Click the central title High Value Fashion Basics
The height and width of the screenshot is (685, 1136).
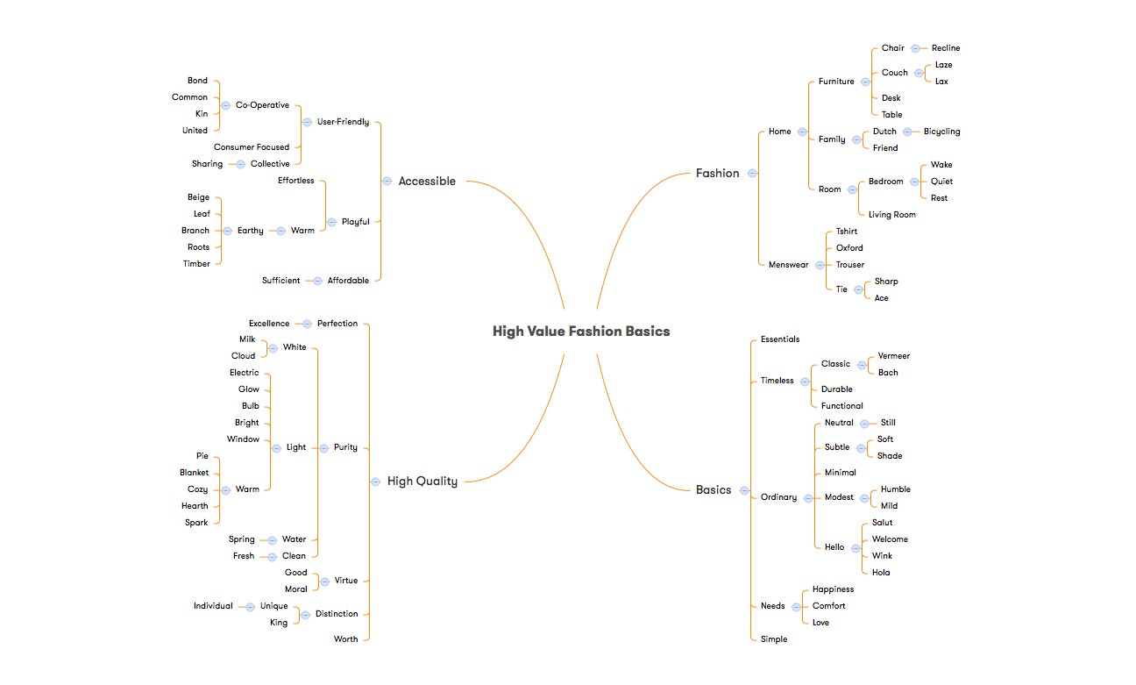(x=581, y=332)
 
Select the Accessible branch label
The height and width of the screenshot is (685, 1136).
(x=427, y=182)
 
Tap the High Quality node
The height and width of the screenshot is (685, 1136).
(x=422, y=481)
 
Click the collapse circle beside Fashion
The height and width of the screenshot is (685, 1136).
(x=753, y=174)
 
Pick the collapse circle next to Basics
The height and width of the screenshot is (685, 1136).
(x=744, y=490)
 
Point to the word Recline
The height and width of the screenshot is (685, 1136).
(x=946, y=48)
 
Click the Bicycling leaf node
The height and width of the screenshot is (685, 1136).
(x=941, y=132)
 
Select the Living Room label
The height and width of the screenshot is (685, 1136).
(x=892, y=215)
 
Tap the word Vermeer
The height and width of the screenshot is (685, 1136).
(x=893, y=356)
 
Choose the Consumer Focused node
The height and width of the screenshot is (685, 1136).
(x=252, y=147)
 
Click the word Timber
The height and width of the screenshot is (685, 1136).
(x=196, y=264)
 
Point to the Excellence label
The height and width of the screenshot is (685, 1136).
(x=269, y=324)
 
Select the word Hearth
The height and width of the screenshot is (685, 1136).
(x=195, y=506)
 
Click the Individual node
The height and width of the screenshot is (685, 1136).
(x=213, y=606)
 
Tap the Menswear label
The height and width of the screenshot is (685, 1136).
(x=789, y=265)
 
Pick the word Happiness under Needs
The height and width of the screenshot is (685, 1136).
(x=834, y=589)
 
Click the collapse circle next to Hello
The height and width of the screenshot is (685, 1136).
(x=856, y=548)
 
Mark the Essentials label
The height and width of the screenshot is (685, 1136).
(x=780, y=339)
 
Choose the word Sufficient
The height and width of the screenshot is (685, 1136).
(x=281, y=281)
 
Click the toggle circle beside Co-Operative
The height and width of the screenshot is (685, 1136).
(x=225, y=105)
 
